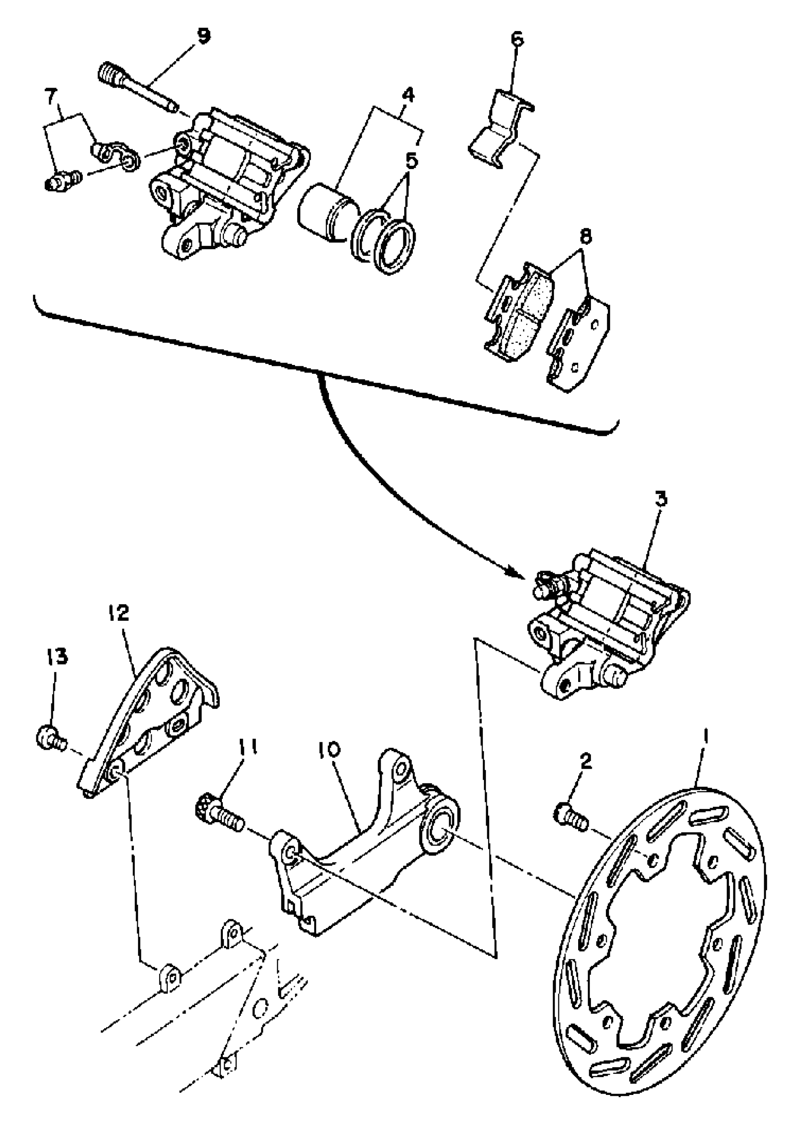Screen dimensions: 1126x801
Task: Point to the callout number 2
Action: click(x=586, y=761)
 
